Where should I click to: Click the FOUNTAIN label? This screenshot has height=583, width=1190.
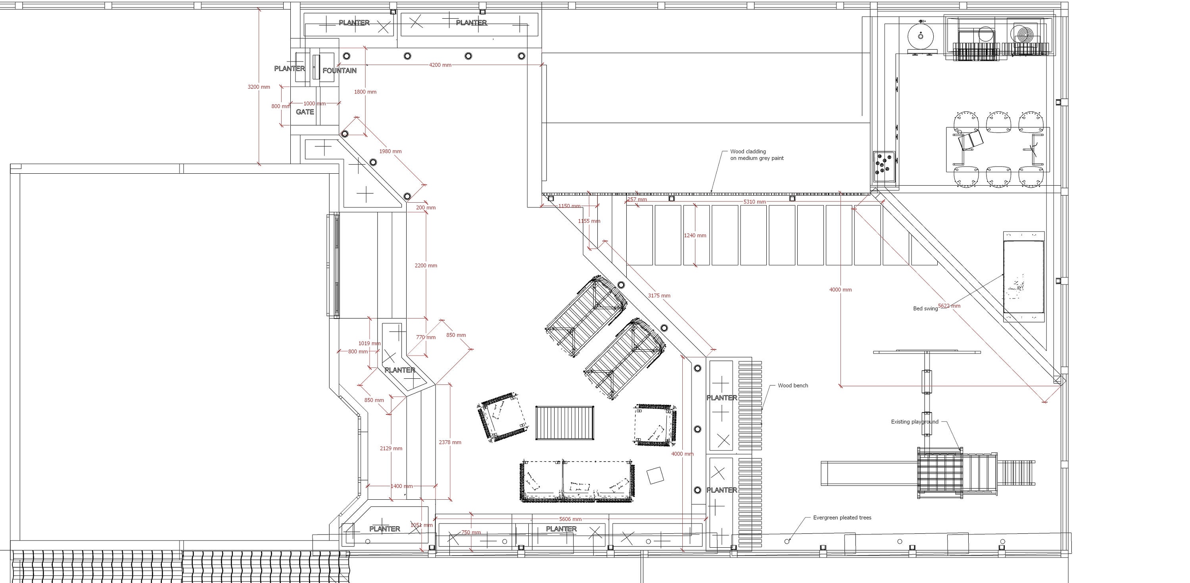[x=340, y=71]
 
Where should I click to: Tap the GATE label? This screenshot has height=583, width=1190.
[x=305, y=112]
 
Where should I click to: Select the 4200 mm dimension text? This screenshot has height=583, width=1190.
[x=440, y=65]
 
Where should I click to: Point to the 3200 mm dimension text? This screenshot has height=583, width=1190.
[x=259, y=87]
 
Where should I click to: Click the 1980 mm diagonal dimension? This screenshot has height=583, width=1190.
[x=390, y=152]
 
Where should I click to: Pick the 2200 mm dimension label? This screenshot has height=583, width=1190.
[x=426, y=266]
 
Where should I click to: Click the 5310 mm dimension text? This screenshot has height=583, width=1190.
[x=754, y=202]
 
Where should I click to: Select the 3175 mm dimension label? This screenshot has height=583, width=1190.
[x=659, y=295]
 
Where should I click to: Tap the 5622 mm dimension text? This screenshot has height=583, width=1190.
[x=949, y=306]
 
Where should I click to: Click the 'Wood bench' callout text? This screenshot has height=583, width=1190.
[x=793, y=385]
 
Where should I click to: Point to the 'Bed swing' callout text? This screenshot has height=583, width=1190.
[x=925, y=309]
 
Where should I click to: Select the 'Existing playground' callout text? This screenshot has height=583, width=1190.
[x=915, y=422]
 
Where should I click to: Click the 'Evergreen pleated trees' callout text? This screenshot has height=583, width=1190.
[x=842, y=518]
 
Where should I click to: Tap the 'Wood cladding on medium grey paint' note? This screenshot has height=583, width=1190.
[x=757, y=155]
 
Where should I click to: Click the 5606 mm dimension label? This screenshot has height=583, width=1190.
[x=570, y=519]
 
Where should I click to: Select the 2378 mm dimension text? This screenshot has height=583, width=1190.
[x=450, y=442]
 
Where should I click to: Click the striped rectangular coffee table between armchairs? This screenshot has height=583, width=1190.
[x=564, y=423]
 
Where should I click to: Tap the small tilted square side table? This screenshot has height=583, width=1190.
[x=655, y=476]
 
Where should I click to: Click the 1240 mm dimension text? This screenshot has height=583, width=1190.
[x=695, y=236]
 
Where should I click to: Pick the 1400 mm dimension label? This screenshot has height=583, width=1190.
[x=401, y=486]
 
